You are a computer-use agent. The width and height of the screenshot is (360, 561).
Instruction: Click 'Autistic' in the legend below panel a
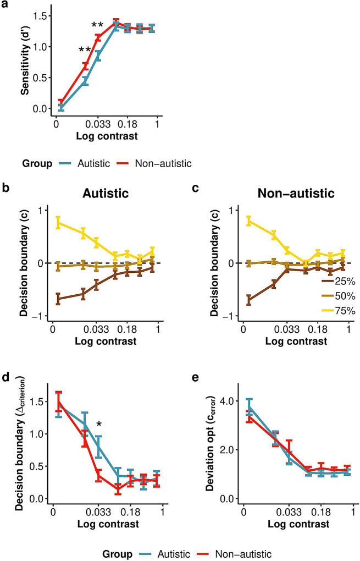(99, 163)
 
